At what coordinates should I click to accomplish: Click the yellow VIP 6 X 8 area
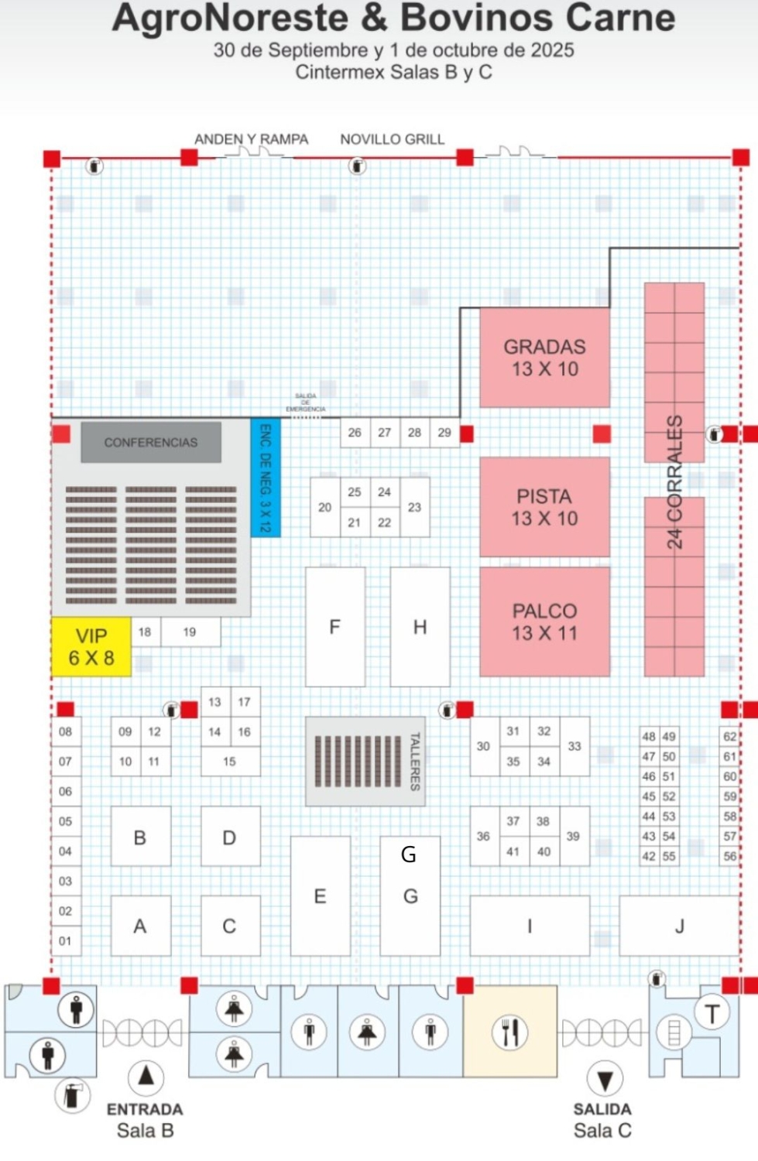pyautogui.click(x=91, y=646)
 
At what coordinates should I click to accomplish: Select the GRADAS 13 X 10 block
pyautogui.click(x=544, y=358)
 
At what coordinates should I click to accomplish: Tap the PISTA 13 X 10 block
pyautogui.click(x=544, y=507)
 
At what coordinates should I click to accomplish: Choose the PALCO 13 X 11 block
pyautogui.click(x=544, y=622)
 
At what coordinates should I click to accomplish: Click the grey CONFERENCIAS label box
pyautogui.click(x=151, y=442)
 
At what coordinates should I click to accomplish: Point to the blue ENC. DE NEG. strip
pyautogui.click(x=265, y=478)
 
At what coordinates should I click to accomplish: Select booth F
pyautogui.click(x=334, y=627)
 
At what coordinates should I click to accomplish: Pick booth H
pyautogui.click(x=420, y=627)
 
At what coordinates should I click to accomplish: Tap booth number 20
pyautogui.click(x=324, y=508)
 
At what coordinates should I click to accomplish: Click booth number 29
pyautogui.click(x=444, y=433)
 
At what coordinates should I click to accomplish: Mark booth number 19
pyautogui.click(x=190, y=632)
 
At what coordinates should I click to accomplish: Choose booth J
pyautogui.click(x=679, y=926)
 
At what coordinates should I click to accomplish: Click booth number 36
pyautogui.click(x=483, y=837)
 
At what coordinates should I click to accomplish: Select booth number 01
pyautogui.click(x=65, y=941)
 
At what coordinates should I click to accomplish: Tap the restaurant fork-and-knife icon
pyautogui.click(x=509, y=1032)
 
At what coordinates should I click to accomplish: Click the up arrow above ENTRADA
pyautogui.click(x=145, y=1076)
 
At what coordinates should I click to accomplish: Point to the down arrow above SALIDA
pyautogui.click(x=605, y=1079)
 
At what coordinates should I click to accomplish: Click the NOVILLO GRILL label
pyautogui.click(x=392, y=139)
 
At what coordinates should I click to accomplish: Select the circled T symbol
pyautogui.click(x=712, y=1012)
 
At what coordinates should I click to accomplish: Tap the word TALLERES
pyautogui.click(x=414, y=762)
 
